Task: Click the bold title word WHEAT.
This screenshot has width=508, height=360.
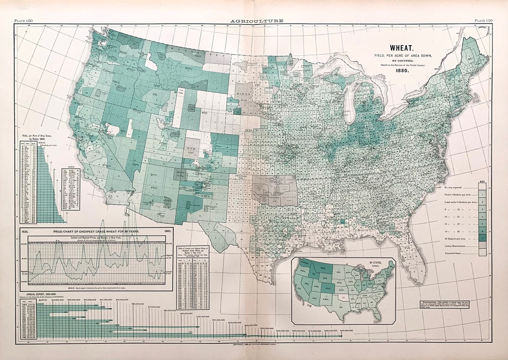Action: coord(400,48)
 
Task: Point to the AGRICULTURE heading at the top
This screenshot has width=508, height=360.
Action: coord(256,21)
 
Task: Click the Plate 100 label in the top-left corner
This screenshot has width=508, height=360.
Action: coord(24,21)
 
